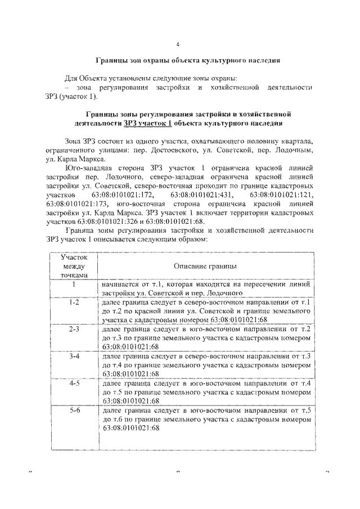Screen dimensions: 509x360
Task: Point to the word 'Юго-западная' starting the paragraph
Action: pyautogui.click(x=86, y=168)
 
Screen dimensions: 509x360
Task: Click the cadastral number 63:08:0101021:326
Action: pyautogui.click(x=105, y=221)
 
